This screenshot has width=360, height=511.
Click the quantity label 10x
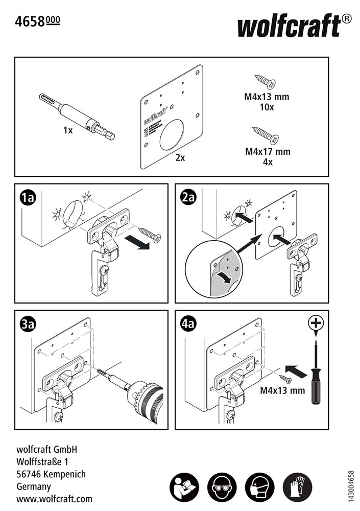[x=267, y=107]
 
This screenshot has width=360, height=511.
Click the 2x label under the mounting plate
[x=180, y=158]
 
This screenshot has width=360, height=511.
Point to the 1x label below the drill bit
[x=68, y=131]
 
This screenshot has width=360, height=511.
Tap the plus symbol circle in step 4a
[x=317, y=323]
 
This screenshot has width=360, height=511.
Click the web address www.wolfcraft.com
[x=55, y=498]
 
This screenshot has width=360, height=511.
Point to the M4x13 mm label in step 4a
[x=282, y=391]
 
